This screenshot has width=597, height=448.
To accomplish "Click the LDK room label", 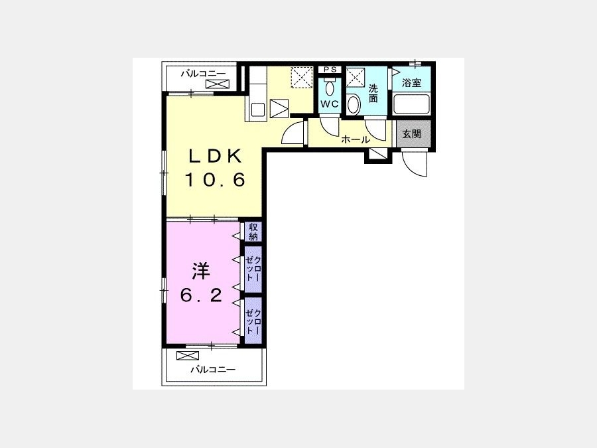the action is [x=215, y=156].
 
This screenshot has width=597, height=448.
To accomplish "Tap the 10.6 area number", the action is [x=215, y=180].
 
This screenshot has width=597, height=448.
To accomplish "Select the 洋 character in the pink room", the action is [x=200, y=271].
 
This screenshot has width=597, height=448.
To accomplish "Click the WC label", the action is [x=329, y=104].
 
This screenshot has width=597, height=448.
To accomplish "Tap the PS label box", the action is [x=330, y=69].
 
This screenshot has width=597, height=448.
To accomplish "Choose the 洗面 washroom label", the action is [x=373, y=94].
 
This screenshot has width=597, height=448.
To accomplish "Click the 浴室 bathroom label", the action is [x=411, y=83].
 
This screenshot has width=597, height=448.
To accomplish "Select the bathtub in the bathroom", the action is [x=411, y=104].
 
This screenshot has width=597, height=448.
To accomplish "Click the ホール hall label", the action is [x=356, y=139].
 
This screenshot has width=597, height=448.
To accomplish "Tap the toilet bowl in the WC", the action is [x=329, y=88].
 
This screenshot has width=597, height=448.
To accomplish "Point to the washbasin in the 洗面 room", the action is [x=354, y=104].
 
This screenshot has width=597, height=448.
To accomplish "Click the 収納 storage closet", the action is [x=253, y=232].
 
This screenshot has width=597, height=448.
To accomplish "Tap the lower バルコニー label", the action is [x=213, y=369].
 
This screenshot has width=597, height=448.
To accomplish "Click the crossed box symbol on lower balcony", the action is [x=188, y=356].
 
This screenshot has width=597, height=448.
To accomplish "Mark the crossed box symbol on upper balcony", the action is [x=218, y=84].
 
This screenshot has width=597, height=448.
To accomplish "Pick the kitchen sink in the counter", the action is [x=259, y=109].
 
